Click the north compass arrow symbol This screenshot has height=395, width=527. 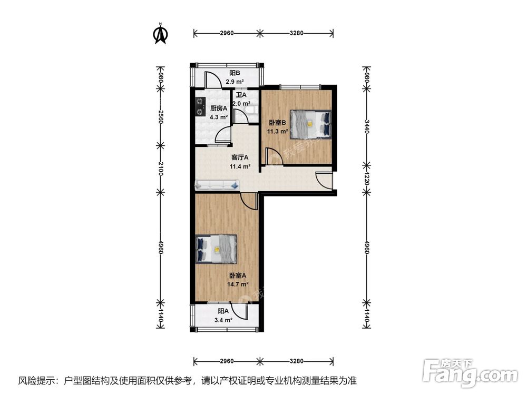(161, 34)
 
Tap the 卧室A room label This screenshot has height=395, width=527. (238, 275)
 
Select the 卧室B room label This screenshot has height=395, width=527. (277, 123)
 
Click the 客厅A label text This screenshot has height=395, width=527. (240, 157)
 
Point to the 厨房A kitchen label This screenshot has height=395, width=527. (219, 108)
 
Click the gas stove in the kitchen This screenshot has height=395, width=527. (201, 106)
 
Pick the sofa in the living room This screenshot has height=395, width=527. (217, 184)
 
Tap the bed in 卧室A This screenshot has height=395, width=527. (216, 249)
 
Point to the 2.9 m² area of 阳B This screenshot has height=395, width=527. (235, 82)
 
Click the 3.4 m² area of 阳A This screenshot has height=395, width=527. (223, 320)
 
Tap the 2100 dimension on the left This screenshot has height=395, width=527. (161, 169)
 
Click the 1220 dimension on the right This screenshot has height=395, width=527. (367, 179)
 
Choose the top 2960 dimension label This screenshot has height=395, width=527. (227, 33)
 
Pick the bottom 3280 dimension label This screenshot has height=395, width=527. (296, 361)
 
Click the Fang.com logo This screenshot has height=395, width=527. (470, 372)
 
